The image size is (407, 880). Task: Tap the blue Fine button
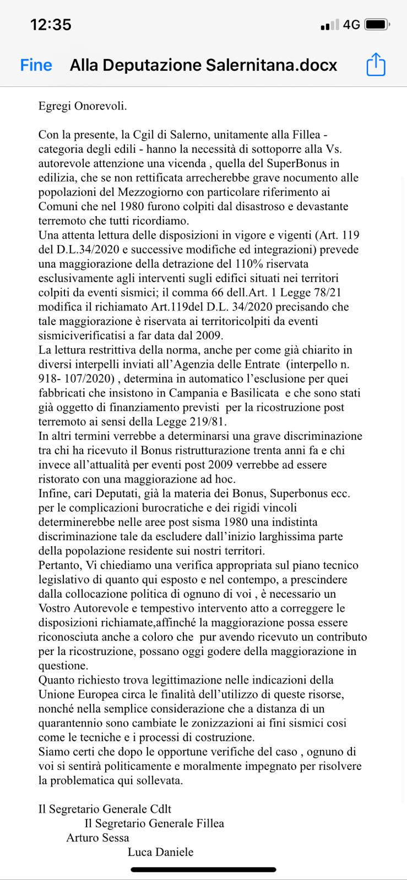pos(36,65)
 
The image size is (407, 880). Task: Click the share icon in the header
pos(376,65)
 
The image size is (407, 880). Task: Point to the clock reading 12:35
pos(51,25)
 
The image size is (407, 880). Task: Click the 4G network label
pos(351,25)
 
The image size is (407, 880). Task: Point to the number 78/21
pos(329,293)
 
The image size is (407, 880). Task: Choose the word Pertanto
pos(60,565)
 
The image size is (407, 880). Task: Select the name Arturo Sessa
pos(97,838)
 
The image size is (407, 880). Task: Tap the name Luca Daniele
pos(160,852)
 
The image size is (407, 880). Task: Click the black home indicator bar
pos(203,870)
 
